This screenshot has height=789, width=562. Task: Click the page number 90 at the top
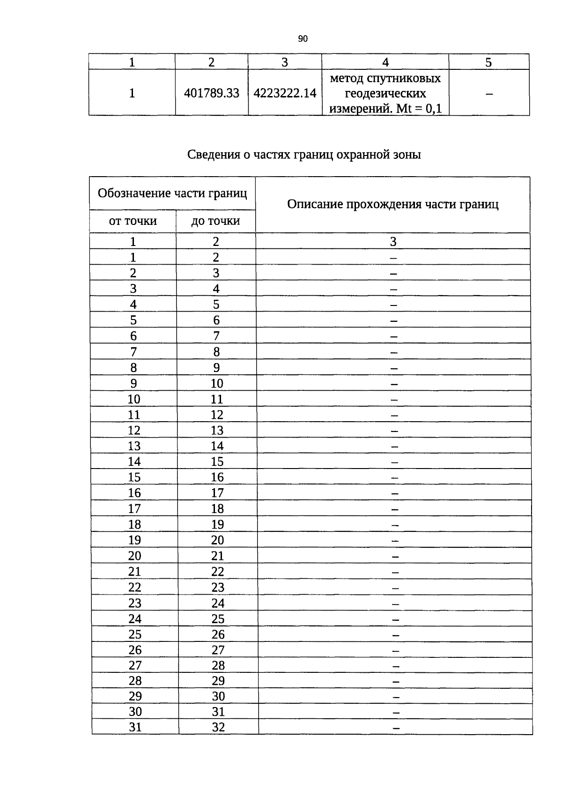[x=303, y=39]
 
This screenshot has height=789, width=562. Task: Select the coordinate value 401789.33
[x=212, y=93]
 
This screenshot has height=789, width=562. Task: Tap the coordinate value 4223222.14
[x=285, y=93]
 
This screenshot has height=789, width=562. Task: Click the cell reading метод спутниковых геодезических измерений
[x=385, y=93]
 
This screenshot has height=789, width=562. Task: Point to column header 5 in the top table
[x=488, y=62]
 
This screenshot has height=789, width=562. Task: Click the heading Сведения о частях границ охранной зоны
[x=304, y=155]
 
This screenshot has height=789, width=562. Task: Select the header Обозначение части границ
[x=172, y=193]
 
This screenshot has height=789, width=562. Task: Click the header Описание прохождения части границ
[x=392, y=204]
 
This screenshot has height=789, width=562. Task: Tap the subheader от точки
[x=133, y=221]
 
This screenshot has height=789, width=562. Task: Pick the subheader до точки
[x=215, y=221]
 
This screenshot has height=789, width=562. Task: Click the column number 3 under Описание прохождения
[x=393, y=242]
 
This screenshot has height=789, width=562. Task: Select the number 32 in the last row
[x=218, y=727]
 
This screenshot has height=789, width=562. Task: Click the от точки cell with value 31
[x=135, y=727]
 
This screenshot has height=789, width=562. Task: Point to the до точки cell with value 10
[x=217, y=384]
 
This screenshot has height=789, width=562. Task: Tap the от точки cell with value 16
[x=134, y=493]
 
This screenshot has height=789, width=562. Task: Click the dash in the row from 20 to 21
[x=395, y=557]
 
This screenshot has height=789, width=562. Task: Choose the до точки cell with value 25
[x=218, y=619]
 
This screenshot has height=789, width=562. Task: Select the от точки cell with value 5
[x=133, y=320]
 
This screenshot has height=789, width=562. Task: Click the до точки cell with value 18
[x=217, y=509]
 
